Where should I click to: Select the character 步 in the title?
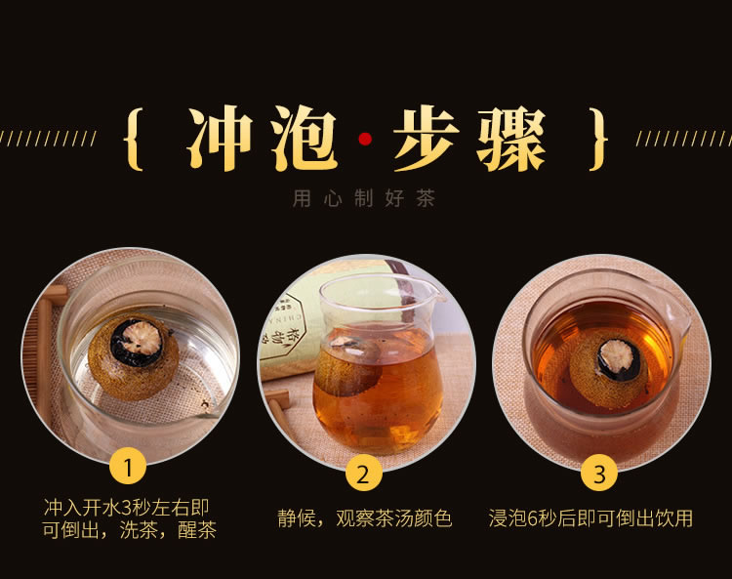tap(427, 143)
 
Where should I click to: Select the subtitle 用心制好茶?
tap(364, 199)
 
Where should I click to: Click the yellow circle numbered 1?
tap(129, 466)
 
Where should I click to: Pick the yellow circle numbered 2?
tap(363, 475)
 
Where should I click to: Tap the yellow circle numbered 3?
tap(599, 475)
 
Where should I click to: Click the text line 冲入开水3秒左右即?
tap(128, 508)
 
